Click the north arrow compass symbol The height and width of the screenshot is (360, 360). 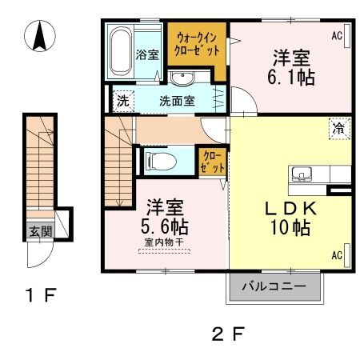pos(38,37)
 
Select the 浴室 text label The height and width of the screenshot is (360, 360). pos(147,55)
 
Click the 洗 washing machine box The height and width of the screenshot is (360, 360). pos(122,102)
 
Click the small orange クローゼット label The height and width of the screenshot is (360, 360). pos(211,158)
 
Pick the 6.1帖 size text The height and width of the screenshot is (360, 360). pos(290,77)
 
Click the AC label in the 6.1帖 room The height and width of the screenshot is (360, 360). pos(338,35)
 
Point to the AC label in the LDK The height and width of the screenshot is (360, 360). pos(338,256)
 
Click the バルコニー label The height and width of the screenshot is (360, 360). pos(274,286)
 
